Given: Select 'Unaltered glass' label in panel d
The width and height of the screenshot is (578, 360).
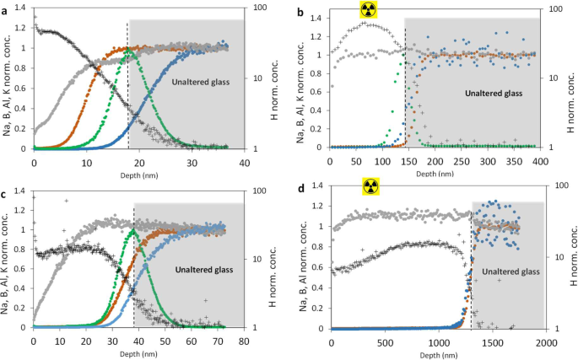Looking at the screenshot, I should tap(510, 271).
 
